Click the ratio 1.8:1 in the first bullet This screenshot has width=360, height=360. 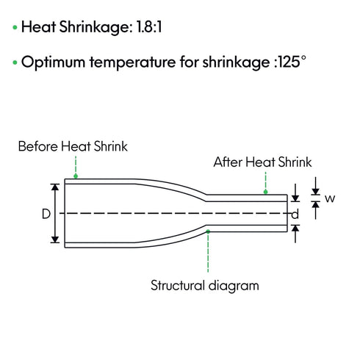point(149,26)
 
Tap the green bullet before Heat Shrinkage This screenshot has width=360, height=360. point(15,27)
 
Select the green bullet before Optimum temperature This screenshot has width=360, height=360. point(15,62)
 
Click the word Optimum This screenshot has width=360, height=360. point(53,62)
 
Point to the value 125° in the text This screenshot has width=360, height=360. point(292,62)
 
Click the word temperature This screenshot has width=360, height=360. point(132,62)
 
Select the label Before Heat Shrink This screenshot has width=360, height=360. point(73,146)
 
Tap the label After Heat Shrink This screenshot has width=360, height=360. point(262,162)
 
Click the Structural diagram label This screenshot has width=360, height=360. point(205,286)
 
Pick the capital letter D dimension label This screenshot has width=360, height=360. point(46,214)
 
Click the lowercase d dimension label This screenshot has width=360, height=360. point(295,215)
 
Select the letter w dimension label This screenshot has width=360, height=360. point(330,198)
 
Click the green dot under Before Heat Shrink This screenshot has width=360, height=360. point(76,176)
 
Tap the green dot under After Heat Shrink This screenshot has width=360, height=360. point(265,192)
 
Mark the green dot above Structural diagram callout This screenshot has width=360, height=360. point(208,231)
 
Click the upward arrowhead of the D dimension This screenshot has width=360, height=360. point(55,187)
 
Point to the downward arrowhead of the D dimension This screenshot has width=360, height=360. point(55,239)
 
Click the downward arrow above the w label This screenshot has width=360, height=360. point(316,186)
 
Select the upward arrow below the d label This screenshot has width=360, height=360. point(295,234)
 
